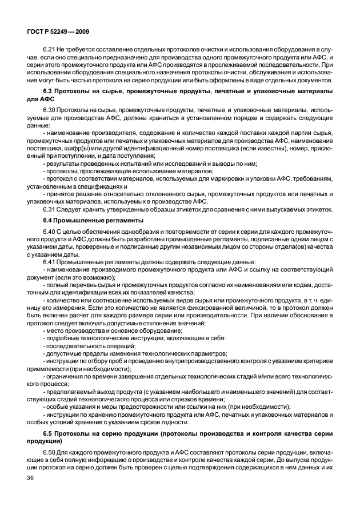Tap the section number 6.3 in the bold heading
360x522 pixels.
point(49,91)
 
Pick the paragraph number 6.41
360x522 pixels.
point(50,260)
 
